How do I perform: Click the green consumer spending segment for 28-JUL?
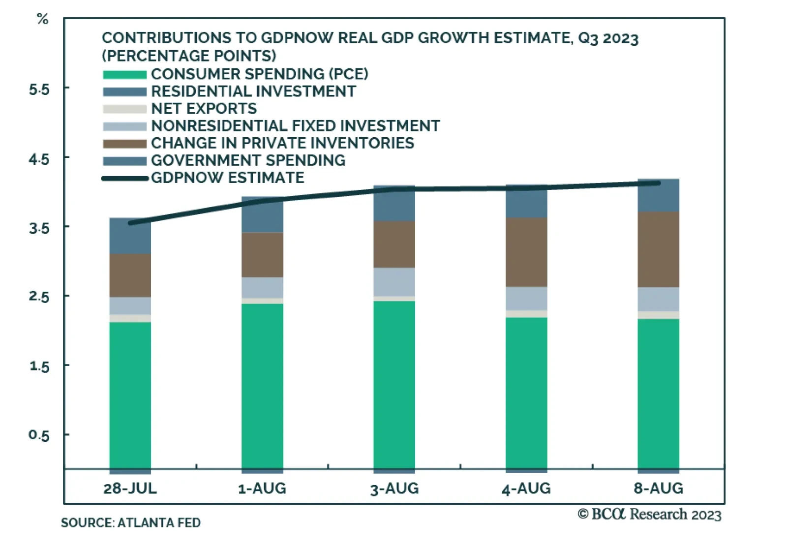(130, 394)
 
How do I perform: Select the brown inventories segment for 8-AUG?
(658, 249)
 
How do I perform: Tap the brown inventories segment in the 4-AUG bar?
(526, 252)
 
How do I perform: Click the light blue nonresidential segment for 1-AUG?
(262, 287)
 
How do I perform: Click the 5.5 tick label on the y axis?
(39, 90)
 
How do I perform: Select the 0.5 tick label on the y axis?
(39, 435)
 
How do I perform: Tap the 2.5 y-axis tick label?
(39, 297)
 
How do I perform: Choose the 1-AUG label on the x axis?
(262, 488)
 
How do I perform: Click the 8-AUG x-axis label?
(658, 488)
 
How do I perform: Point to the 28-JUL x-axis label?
(130, 488)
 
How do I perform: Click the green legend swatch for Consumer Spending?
(124, 75)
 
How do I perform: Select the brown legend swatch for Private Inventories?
(124, 144)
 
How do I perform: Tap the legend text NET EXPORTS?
(204, 109)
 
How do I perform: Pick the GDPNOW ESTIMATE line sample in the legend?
(124, 179)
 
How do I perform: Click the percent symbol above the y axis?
(43, 19)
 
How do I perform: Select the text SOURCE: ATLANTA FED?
(131, 522)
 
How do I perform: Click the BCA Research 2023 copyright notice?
(649, 515)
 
